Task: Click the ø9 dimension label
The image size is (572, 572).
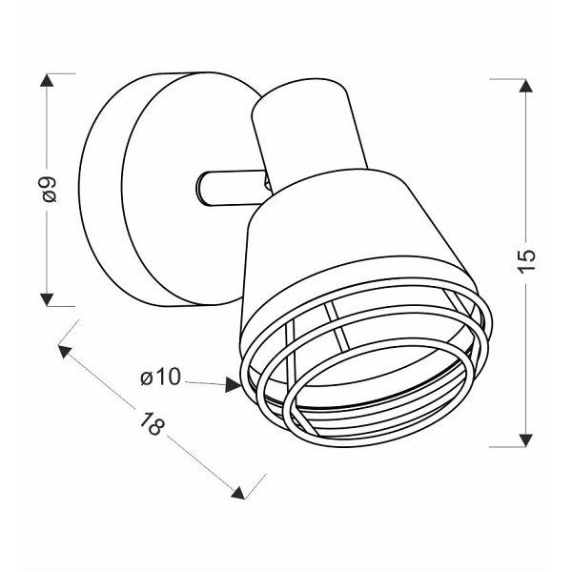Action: tap(50, 189)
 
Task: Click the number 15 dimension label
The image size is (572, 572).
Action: tap(526, 260)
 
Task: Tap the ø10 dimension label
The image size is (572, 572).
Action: tap(160, 377)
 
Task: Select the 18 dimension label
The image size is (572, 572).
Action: tap(152, 423)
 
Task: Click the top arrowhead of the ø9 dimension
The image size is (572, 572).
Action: tap(47, 80)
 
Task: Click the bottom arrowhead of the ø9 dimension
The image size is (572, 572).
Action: tap(47, 299)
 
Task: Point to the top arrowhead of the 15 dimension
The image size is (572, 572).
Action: tap(525, 86)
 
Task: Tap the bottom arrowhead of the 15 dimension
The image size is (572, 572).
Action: tap(525, 440)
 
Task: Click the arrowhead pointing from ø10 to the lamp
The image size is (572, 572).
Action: tap(233, 384)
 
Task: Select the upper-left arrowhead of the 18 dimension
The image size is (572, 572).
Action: tap(64, 351)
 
